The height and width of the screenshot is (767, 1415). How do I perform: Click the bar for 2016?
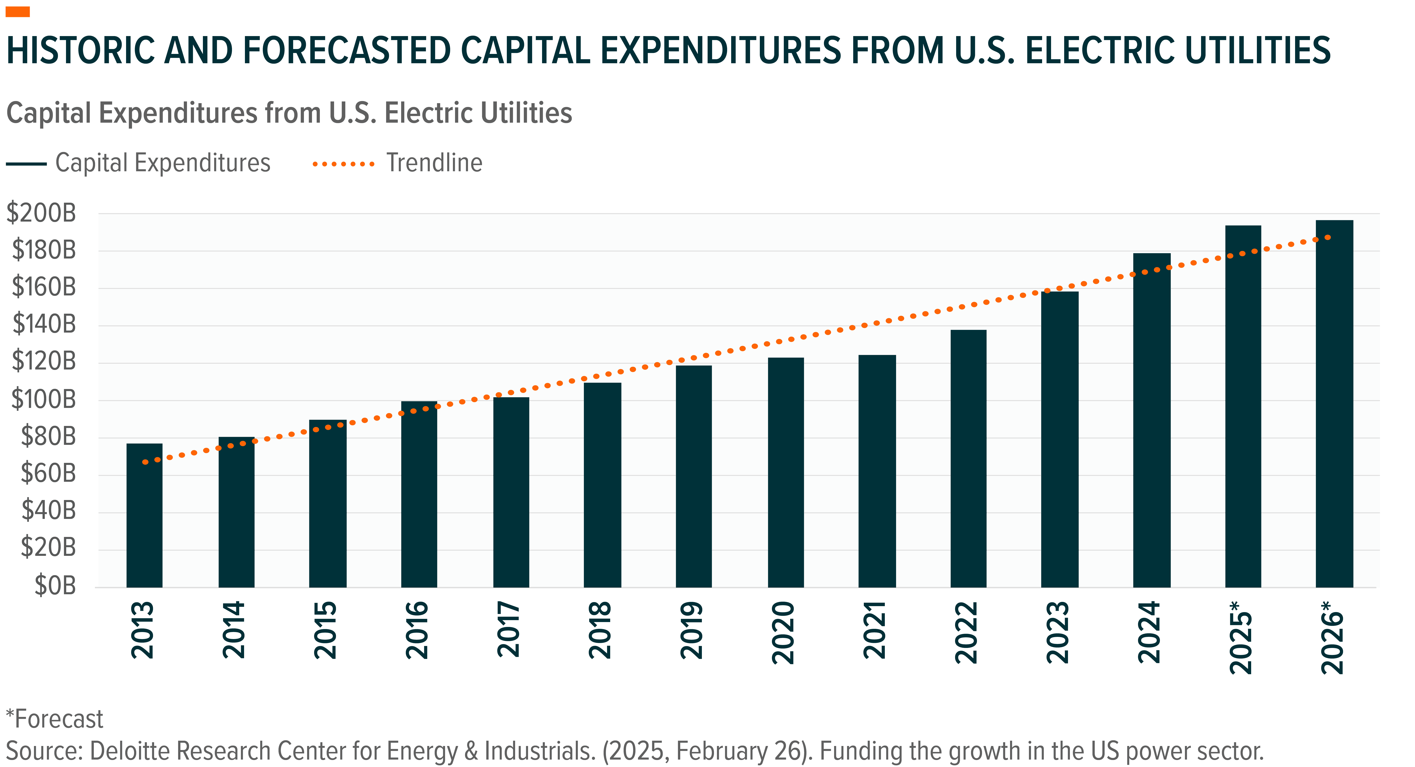(419, 494)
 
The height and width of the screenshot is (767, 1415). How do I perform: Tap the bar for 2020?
(785, 472)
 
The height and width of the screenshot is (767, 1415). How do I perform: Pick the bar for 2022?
(968, 459)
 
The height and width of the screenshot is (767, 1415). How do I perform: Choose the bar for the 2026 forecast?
(1334, 404)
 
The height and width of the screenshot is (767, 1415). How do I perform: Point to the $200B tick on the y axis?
(41, 213)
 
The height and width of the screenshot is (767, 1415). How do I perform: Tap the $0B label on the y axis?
(55, 586)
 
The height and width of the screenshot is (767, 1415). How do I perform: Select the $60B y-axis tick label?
(48, 474)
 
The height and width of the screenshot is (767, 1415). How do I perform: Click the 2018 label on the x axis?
(600, 630)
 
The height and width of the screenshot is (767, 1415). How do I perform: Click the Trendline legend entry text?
(434, 163)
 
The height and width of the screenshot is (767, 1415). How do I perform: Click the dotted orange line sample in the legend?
(343, 164)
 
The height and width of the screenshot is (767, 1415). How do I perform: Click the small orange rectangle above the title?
(18, 11)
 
